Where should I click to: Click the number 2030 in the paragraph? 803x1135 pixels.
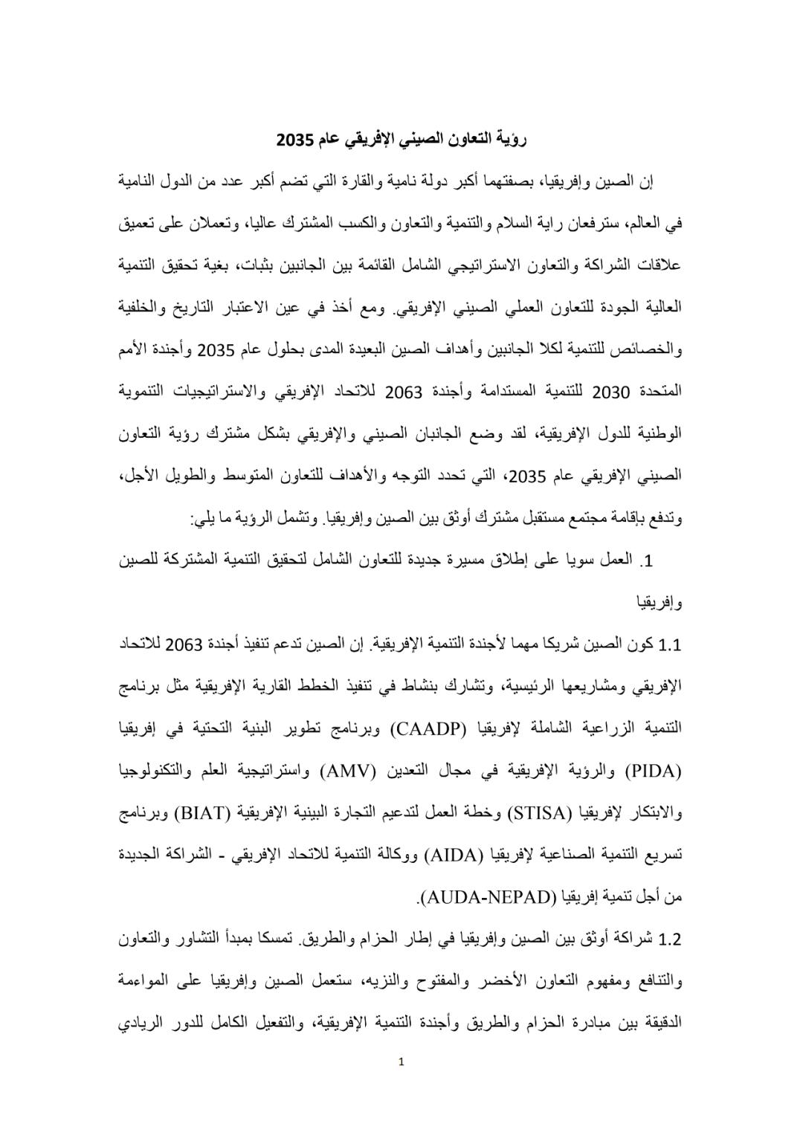[611, 390]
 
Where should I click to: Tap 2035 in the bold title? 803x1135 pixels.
[295, 139]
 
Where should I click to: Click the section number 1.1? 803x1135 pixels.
[669, 644]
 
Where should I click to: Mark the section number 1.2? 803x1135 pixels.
[669, 939]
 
